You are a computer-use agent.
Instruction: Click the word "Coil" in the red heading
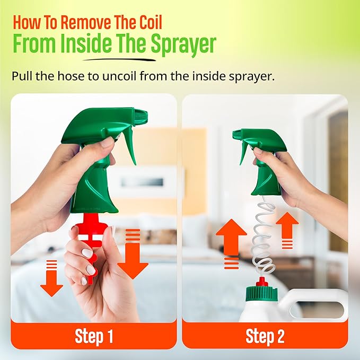[x=150, y=22]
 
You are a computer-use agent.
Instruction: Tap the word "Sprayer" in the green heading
[x=183, y=43]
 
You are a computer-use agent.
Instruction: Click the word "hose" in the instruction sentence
[x=71, y=76]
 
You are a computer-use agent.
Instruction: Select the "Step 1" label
[x=94, y=337]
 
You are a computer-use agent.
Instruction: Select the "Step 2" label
[x=265, y=337]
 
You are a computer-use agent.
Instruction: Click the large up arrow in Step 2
[x=231, y=243]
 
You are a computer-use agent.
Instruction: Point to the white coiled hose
[x=265, y=236]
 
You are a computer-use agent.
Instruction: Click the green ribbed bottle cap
[x=261, y=293]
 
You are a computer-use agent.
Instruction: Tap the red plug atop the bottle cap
[x=262, y=282]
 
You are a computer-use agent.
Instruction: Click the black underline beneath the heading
[x=119, y=60]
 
